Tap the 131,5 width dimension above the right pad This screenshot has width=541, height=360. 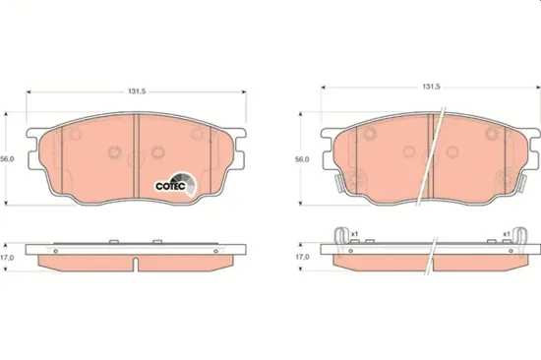[429, 87]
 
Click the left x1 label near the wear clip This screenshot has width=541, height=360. [355, 233]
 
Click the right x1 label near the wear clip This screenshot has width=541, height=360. [506, 233]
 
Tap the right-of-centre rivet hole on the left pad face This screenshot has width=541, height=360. [158, 152]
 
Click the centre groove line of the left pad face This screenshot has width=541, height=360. [136, 157]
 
